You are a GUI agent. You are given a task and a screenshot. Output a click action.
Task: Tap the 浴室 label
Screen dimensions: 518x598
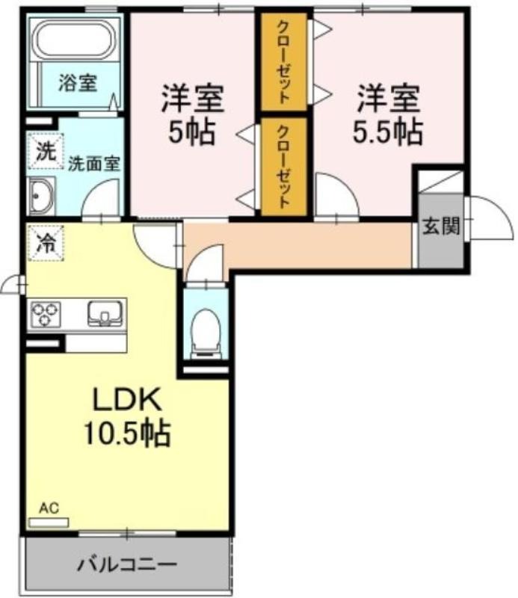coord(78,82)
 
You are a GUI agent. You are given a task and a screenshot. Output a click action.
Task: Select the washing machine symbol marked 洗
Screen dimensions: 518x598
coord(46,151)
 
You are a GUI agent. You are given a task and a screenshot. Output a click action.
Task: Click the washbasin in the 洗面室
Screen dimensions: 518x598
coord(43,196)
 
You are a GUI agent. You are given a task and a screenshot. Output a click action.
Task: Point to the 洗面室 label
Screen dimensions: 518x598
coord(94,164)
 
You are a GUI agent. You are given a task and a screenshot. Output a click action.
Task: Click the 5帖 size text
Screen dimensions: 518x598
coord(191,132)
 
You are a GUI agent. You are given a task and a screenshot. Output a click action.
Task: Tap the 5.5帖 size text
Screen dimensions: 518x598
coord(387,132)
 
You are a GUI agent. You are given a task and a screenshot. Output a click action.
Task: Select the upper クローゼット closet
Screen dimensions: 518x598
coord(284,62)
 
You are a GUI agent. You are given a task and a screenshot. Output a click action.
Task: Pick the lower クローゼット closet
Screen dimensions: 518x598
coord(284,166)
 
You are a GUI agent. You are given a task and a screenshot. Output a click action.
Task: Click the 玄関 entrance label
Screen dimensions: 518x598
coord(441,226)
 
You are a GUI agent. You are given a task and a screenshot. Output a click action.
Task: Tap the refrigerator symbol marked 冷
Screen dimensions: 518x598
coord(46,243)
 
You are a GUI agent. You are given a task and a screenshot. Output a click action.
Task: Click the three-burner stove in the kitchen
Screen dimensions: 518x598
coord(46,314)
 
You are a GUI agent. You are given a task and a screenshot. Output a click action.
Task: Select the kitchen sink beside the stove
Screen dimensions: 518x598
coord(105,313)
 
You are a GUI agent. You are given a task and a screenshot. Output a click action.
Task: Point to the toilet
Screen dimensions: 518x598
coord(206,333)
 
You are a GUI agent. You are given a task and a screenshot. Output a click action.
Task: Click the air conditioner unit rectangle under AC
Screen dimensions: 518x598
coord(49,522)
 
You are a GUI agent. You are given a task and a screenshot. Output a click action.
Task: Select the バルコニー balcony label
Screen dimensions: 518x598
coord(127,564)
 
